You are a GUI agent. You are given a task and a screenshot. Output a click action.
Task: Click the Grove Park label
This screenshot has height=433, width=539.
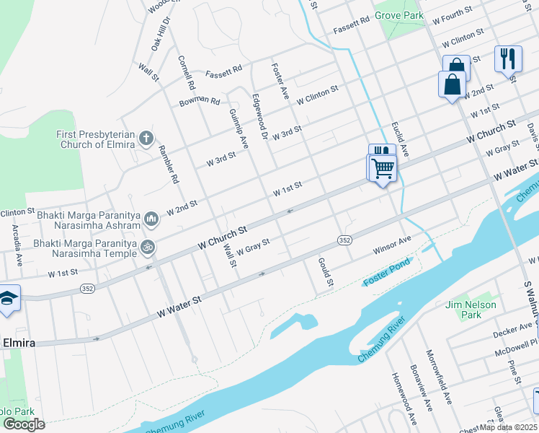coord(398,14)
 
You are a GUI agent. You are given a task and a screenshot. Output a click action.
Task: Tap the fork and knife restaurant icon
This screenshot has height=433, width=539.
coord(508,58)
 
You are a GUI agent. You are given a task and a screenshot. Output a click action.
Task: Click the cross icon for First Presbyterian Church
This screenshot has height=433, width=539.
coord(146,138)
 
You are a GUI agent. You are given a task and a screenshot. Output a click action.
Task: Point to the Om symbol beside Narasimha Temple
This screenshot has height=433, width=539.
coord(148,247)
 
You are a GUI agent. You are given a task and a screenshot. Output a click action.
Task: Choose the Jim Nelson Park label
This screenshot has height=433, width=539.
coord(472,310)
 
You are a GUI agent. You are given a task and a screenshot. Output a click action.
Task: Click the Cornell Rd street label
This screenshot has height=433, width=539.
coord(187,72)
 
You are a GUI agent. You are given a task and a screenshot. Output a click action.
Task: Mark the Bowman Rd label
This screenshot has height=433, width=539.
coord(200,100)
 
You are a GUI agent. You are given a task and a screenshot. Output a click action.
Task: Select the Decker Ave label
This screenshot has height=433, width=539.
coord(512,331)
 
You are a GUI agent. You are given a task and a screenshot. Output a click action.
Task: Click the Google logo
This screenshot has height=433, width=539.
coord(24,424)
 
